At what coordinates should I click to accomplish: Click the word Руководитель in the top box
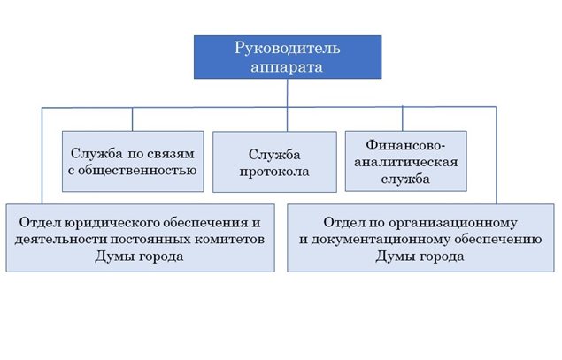click(x=287, y=49)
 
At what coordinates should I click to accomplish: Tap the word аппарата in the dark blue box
click(x=287, y=67)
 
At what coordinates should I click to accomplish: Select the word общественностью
click(x=137, y=170)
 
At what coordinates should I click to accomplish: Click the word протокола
click(x=274, y=172)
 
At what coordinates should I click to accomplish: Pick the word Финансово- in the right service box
click(x=405, y=145)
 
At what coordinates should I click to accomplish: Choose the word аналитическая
click(x=406, y=162)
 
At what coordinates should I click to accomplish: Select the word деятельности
click(x=60, y=240)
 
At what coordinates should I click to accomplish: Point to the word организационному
click(x=453, y=223)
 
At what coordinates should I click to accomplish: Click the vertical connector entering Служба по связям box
click(x=132, y=119)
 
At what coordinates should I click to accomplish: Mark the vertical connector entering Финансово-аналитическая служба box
click(x=403, y=119)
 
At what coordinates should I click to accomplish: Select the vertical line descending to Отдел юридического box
click(x=42, y=156)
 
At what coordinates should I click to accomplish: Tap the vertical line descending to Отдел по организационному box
click(x=497, y=156)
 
